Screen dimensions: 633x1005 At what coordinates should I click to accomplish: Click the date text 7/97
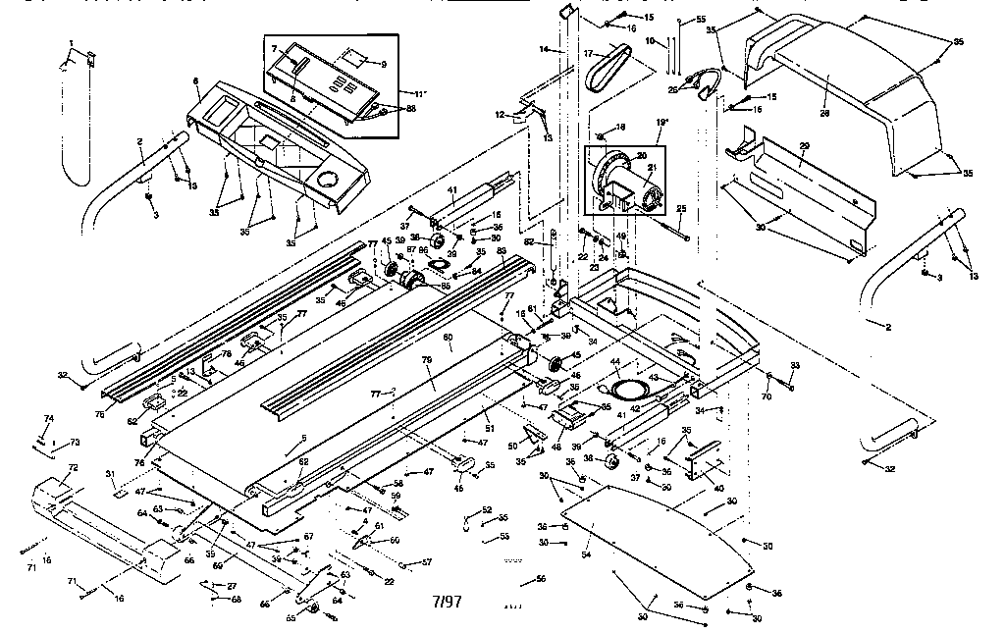tap(445, 598)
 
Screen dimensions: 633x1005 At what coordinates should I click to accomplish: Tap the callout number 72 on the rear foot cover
tap(72, 469)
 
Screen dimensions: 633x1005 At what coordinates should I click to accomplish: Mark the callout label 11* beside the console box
tap(383, 65)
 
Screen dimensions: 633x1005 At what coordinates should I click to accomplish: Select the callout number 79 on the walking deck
tap(427, 360)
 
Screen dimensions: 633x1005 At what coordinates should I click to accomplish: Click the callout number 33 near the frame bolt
tap(794, 365)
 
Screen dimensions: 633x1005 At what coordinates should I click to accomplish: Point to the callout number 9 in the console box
tap(383, 65)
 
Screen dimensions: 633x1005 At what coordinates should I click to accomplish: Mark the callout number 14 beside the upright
tap(542, 48)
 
